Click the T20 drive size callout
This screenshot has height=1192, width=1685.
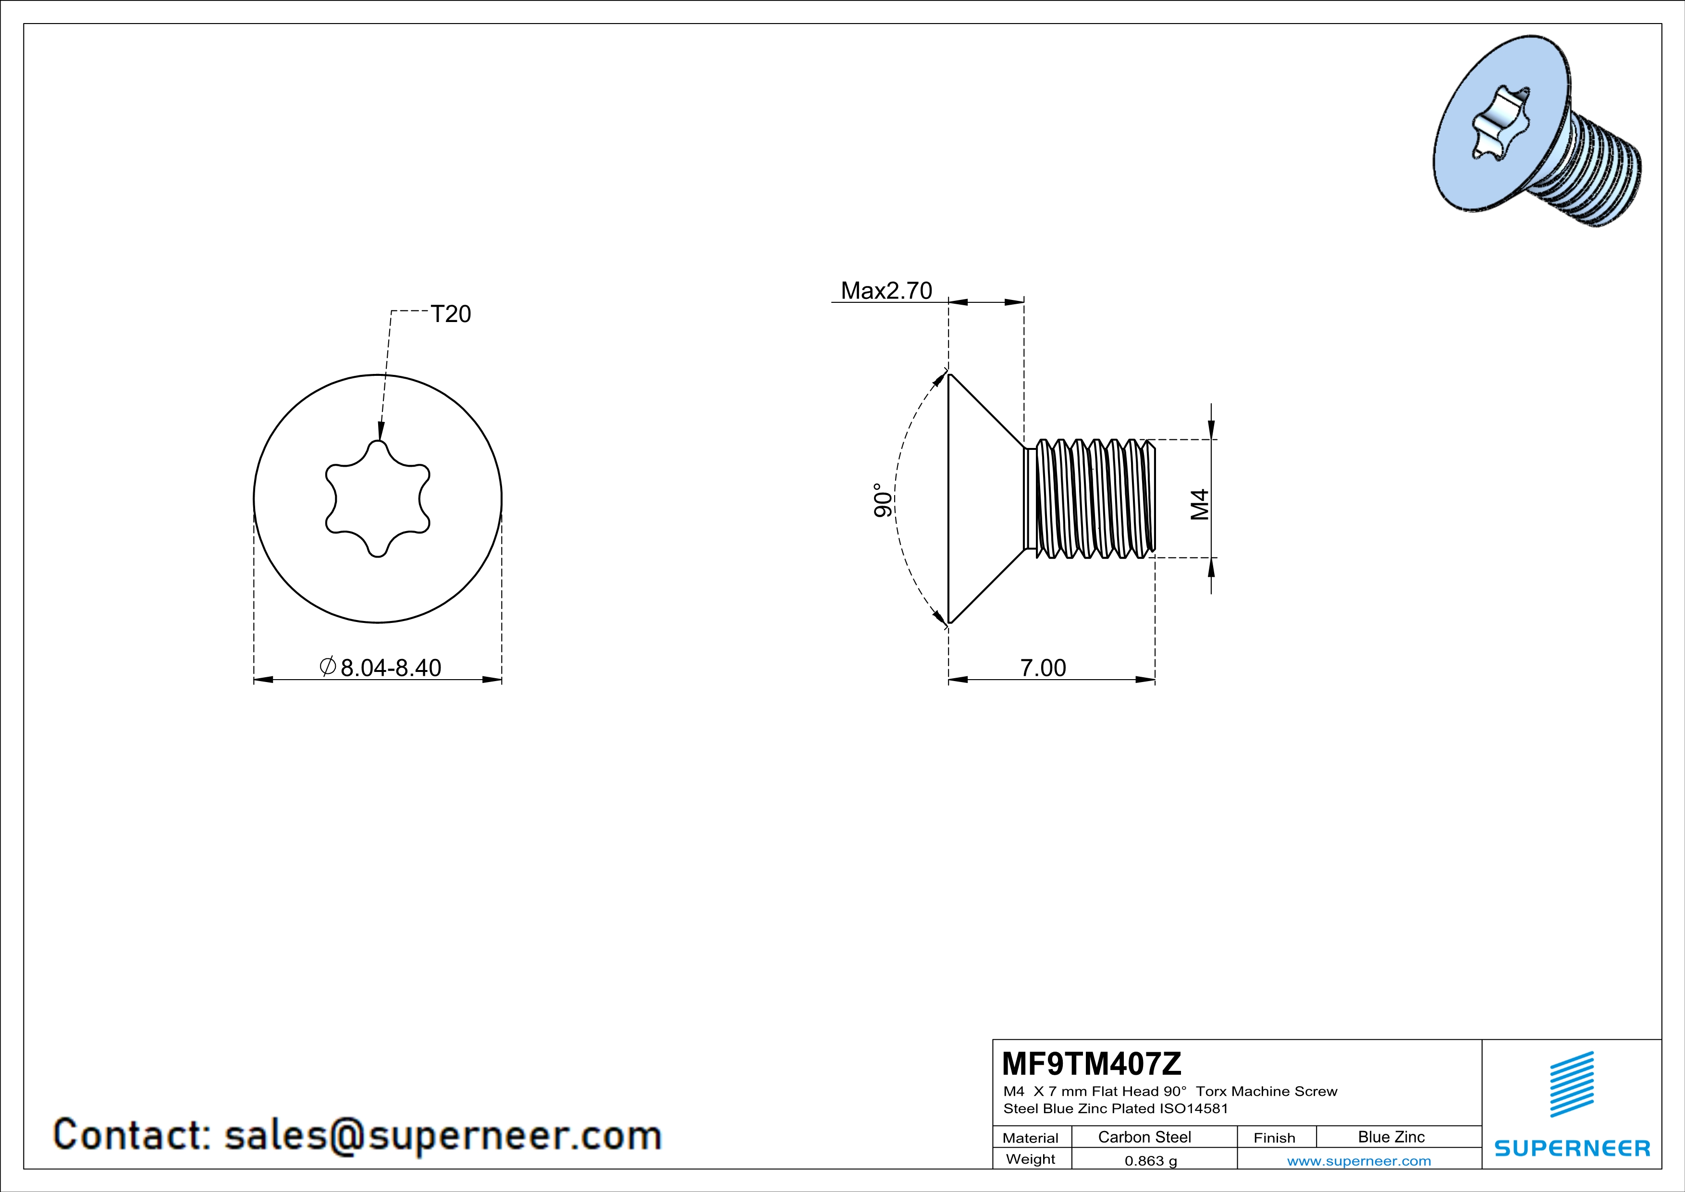tap(451, 314)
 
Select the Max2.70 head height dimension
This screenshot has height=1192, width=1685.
tap(886, 291)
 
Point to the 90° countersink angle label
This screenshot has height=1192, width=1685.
tap(884, 500)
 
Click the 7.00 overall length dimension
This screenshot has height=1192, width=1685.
tap(1043, 668)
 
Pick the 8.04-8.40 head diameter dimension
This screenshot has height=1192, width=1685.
tap(381, 667)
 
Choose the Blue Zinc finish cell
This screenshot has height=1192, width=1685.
tap(1391, 1137)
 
